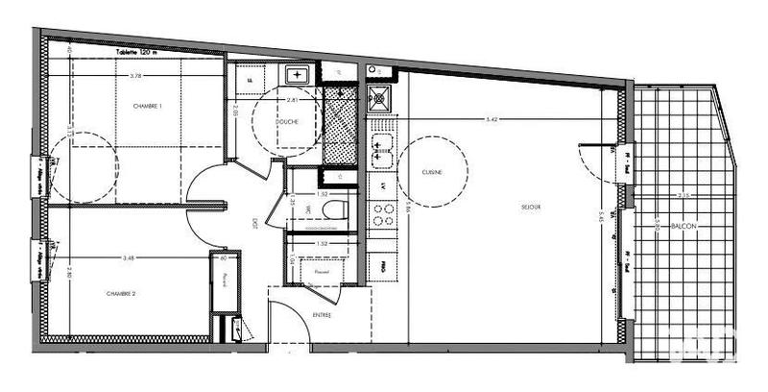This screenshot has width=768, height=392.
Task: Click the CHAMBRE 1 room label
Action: click(147, 106)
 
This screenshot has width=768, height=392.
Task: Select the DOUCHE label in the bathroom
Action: click(285, 122)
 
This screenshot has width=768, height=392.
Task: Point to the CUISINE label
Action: click(431, 172)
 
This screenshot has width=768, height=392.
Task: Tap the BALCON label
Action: click(684, 226)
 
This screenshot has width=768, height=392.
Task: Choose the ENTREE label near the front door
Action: click(322, 315)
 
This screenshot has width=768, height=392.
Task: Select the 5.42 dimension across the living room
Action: click(492, 120)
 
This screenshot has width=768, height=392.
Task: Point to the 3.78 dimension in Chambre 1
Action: click(136, 75)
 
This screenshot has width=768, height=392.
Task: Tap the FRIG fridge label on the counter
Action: click(383, 266)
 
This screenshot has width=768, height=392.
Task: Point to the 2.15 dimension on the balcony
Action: click(683, 196)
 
